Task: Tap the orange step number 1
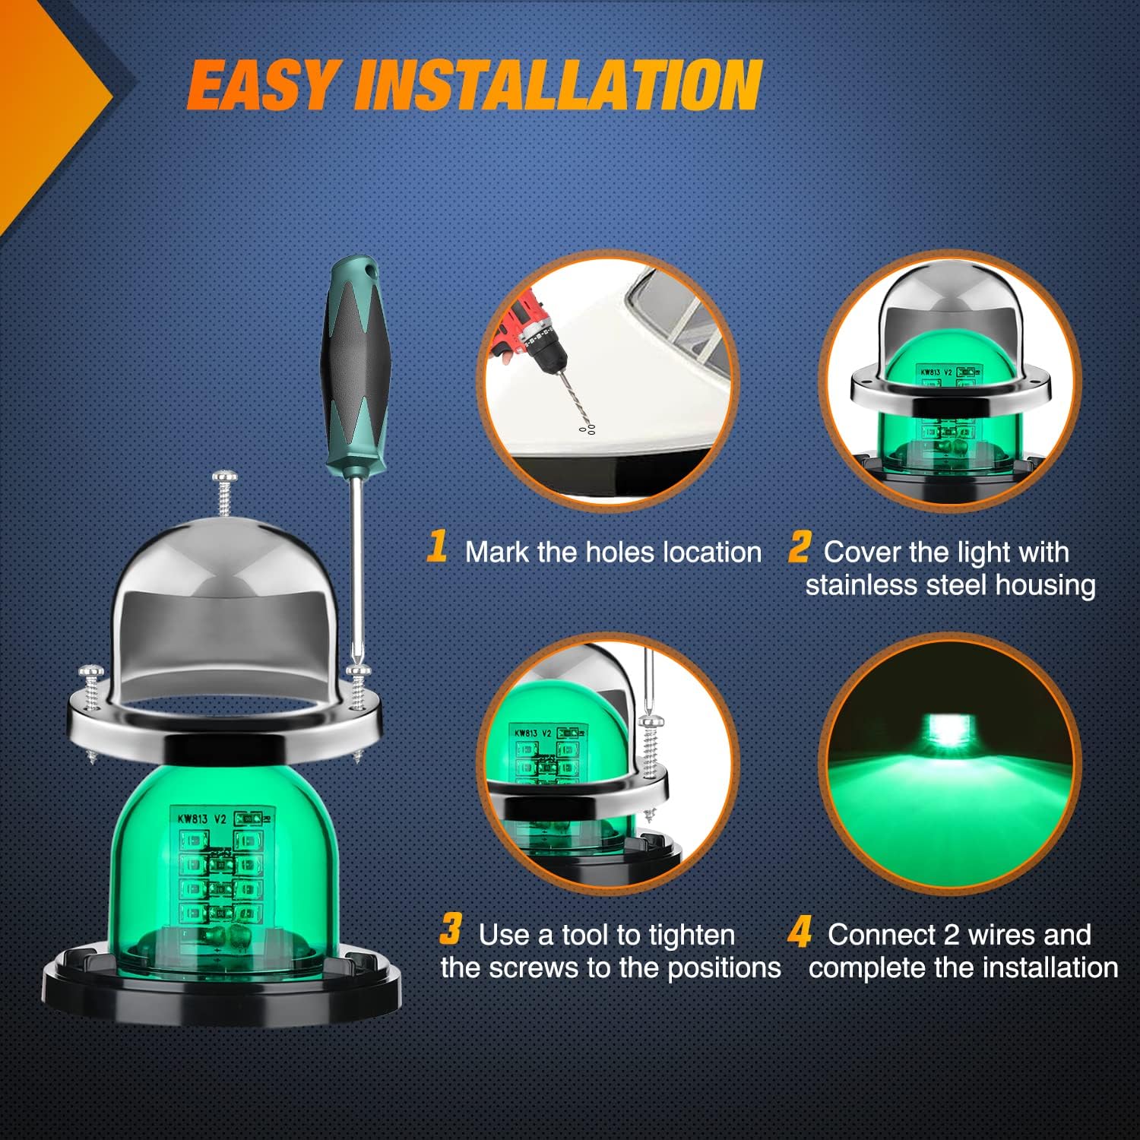(436, 546)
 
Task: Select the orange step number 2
(798, 546)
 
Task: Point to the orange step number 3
(451, 929)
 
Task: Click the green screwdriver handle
(354, 357)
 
